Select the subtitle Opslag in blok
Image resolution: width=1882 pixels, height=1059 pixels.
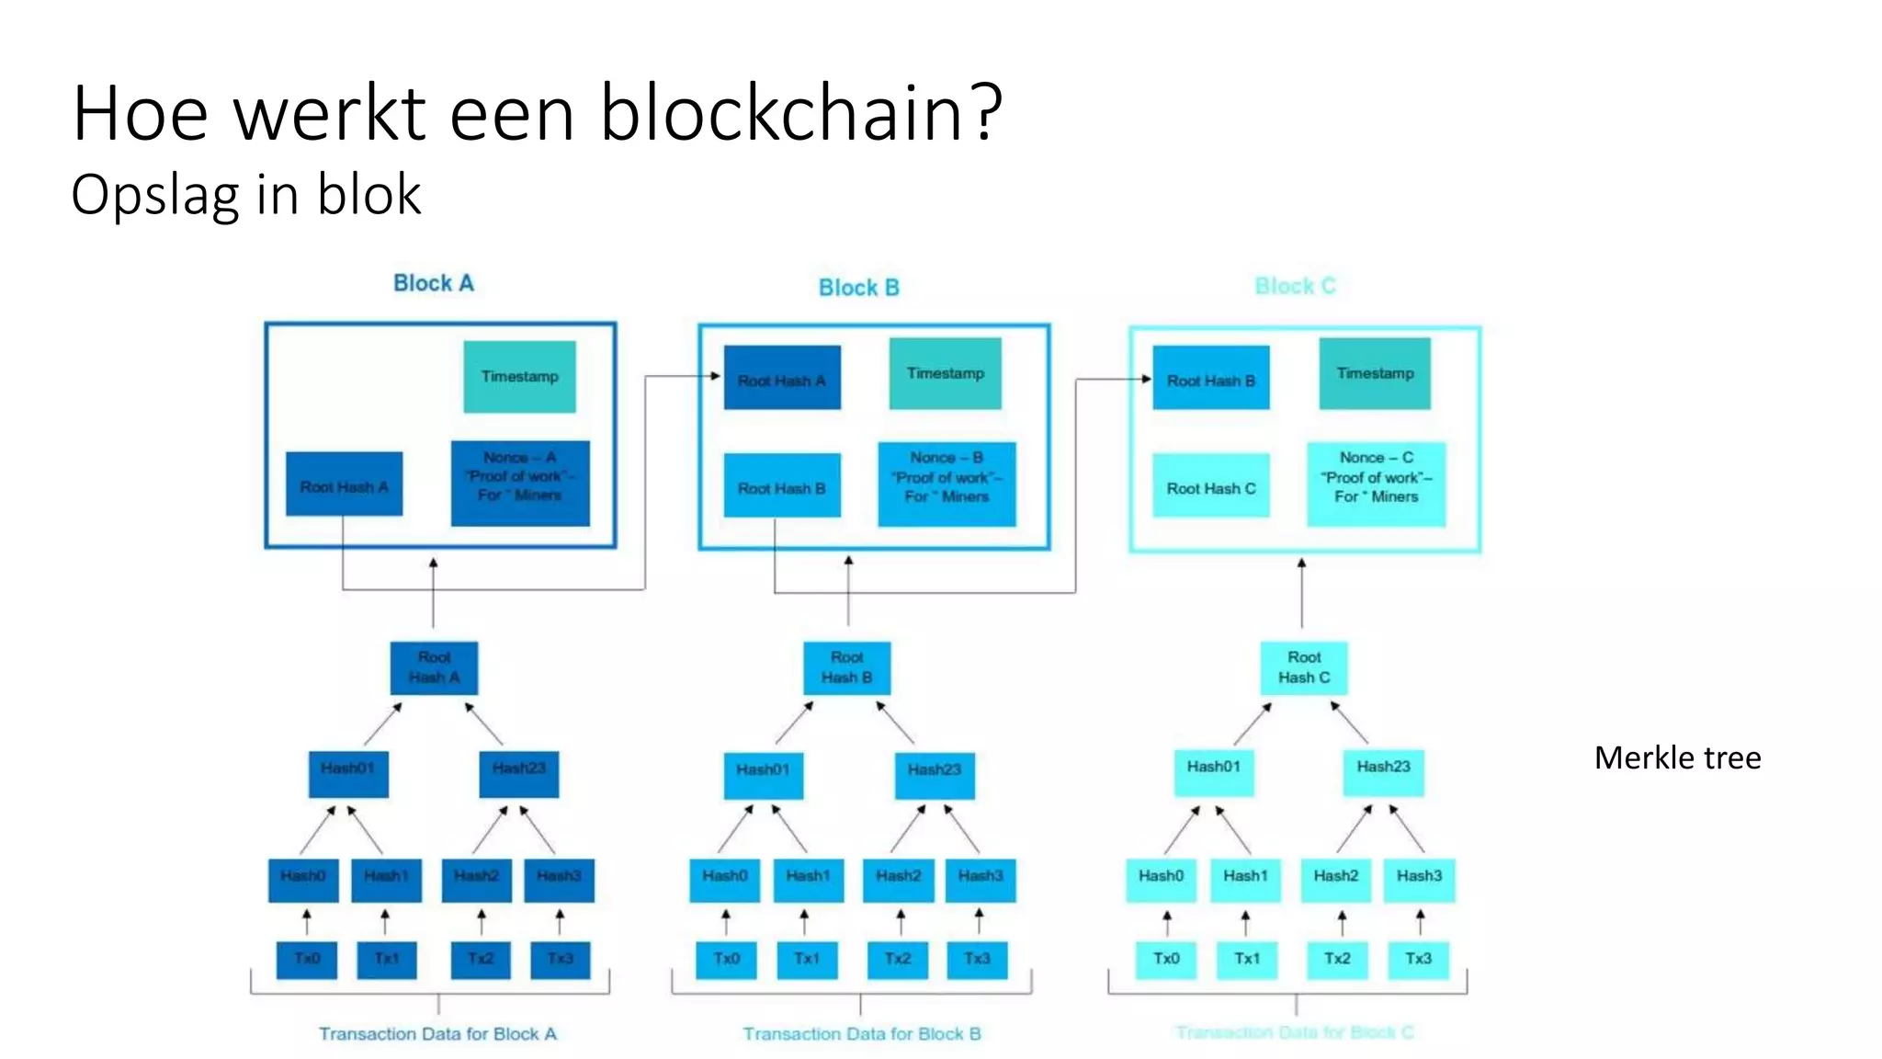tap(246, 195)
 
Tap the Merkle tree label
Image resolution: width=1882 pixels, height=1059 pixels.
tap(1677, 757)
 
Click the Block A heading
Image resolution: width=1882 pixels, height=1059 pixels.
tap(433, 283)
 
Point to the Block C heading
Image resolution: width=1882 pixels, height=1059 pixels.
tap(1295, 286)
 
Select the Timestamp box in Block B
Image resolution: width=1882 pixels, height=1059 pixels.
tap(945, 373)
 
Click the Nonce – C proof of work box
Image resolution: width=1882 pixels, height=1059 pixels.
tap(1376, 484)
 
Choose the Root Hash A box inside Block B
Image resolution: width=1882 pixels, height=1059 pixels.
tap(781, 378)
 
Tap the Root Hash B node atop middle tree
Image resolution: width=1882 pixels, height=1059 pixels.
tap(846, 667)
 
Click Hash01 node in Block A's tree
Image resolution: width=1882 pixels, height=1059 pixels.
tap(347, 773)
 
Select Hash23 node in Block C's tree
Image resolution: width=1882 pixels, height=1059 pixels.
tap(1383, 771)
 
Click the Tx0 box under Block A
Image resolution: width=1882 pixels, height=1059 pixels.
tap(307, 959)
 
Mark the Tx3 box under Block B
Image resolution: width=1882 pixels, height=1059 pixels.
tap(977, 959)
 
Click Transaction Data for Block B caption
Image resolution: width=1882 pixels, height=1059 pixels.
tap(861, 1033)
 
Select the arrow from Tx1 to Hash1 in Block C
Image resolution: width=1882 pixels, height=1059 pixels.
tap(1245, 923)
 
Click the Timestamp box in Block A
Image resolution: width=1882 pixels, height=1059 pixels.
tap(519, 376)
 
